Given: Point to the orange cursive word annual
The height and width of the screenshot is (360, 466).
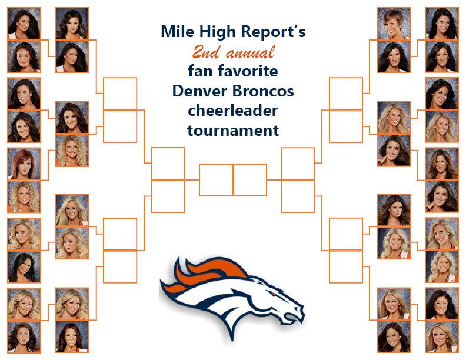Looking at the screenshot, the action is coord(250,53).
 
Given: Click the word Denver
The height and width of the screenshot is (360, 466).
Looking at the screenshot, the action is coord(195,91).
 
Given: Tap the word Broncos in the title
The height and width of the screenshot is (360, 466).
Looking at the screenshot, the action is coord(258,91).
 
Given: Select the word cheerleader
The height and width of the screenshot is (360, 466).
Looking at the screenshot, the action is coord(233,111).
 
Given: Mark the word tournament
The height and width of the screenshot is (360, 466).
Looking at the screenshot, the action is coord(233,131).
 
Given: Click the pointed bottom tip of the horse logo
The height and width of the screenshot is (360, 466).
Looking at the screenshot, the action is coord(232,340).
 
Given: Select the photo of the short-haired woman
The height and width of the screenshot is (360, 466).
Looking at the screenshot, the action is coord(394,24).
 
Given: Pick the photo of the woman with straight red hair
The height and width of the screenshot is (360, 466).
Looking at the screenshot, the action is coord(24,164).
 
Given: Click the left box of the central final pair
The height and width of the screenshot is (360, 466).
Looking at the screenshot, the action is coord(216,180).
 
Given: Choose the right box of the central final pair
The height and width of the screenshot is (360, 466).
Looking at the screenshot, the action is coord(250,180).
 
